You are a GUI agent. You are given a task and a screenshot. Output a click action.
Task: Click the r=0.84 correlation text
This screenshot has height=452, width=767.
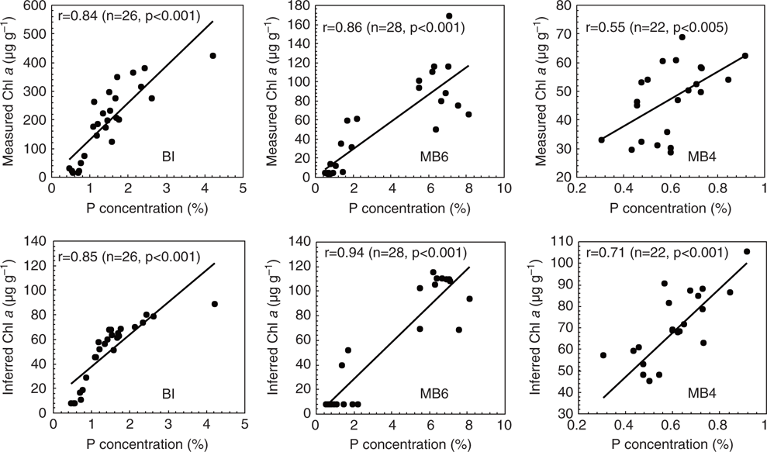[x=128, y=15]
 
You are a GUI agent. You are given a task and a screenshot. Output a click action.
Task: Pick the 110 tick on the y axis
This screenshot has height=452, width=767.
[x=561, y=240]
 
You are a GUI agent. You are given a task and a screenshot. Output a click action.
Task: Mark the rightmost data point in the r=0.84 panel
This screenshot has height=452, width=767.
[x=212, y=56]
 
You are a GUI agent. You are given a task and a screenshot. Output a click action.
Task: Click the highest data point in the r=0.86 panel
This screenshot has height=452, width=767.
[x=449, y=16]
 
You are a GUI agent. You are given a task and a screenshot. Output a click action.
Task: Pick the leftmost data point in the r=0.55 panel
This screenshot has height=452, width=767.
[x=602, y=140]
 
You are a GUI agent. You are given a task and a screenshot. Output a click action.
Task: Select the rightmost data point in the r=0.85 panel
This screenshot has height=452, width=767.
[x=214, y=304]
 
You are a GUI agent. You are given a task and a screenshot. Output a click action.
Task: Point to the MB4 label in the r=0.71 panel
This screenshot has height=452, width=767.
[x=703, y=394]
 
